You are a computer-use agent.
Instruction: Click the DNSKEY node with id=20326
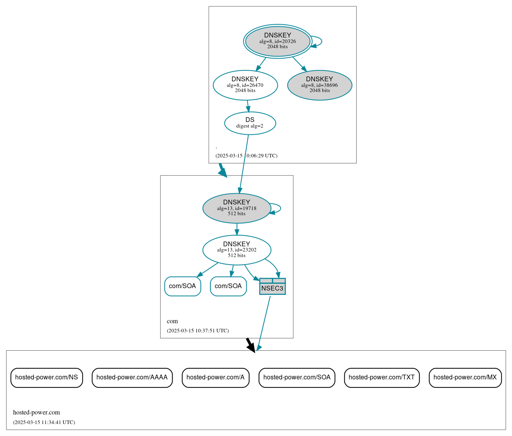point(278,41)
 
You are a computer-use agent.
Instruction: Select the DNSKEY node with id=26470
point(245,85)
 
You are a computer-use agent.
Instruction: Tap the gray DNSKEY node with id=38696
point(320,85)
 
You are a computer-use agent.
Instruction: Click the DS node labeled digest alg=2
point(250,123)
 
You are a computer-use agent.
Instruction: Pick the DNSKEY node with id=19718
point(237,208)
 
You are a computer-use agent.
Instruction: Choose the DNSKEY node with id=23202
point(237,250)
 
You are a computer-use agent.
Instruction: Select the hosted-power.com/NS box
point(47,377)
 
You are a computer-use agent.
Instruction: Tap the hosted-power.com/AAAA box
point(132,377)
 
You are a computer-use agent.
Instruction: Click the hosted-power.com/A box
point(216,377)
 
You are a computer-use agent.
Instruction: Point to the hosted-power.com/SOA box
point(297,377)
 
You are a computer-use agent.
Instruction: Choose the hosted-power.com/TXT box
point(382,377)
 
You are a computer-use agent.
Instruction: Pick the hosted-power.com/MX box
point(465,377)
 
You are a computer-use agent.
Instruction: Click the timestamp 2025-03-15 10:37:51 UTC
point(198,331)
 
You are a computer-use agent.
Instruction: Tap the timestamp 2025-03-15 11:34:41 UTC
point(44,422)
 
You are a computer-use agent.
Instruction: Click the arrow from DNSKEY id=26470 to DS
point(248,106)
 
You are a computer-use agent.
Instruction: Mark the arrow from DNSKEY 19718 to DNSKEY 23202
point(237,229)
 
